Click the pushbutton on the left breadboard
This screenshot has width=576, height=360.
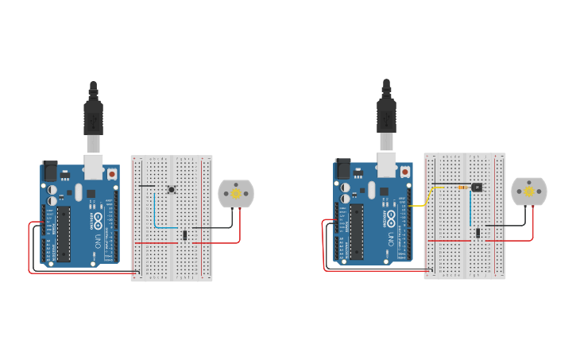172,188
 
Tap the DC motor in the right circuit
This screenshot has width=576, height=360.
529,191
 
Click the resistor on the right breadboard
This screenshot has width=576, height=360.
463,187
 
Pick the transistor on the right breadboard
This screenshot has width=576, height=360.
477,187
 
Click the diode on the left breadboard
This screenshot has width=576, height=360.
185,234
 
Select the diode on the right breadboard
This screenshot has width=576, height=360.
478,233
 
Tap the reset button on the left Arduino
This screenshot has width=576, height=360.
112,173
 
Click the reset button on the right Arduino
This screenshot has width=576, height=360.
405,172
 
